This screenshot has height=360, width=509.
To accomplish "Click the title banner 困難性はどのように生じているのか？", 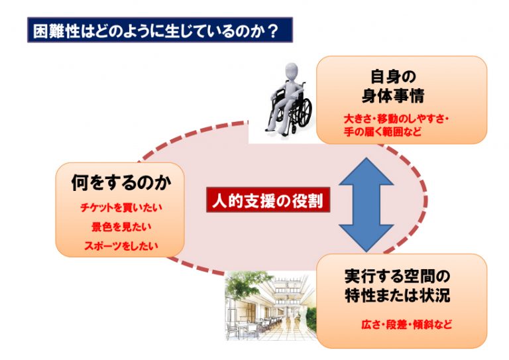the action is coord(160,30).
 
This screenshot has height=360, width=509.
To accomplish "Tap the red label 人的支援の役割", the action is coord(268,200).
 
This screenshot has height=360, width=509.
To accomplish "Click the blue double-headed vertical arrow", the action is coord(367,205).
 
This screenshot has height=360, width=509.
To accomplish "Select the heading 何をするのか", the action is coord(121,182).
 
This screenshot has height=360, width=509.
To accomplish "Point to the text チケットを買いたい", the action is coord(121,208).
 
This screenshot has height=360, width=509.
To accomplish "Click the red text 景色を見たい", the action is coord(121,227).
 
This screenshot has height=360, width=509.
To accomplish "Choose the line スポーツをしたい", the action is coord(121,245).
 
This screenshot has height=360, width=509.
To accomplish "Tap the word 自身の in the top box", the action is coord(393,77).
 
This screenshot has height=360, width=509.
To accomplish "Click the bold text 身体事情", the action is coord(393,95).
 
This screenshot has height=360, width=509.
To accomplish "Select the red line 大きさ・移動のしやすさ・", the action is coord(396,119).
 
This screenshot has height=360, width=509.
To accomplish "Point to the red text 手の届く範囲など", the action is coord(382,132).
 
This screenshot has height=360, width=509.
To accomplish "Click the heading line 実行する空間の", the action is coord(398,276).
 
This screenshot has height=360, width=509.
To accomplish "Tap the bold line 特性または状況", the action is coord(398,295).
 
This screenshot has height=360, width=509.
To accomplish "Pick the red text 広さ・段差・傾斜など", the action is coord(407,324).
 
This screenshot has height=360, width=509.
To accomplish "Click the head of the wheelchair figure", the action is coord(291,71).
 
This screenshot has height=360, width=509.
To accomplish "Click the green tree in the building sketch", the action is coord(244,286).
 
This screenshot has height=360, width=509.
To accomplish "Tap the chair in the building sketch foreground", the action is coord(233,330).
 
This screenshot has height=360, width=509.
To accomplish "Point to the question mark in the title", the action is coord(273,31).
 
